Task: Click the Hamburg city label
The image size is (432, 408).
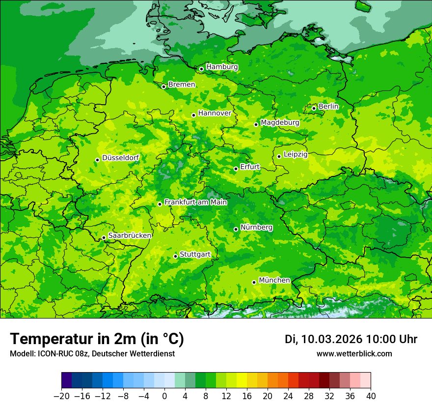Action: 222,67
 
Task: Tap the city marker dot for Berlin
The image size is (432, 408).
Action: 314,108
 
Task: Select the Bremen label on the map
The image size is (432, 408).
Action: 182,85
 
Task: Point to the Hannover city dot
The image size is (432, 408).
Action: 194,115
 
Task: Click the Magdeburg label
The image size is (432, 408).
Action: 280,122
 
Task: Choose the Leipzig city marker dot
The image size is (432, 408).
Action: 279,156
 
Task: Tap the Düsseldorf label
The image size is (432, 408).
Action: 120,158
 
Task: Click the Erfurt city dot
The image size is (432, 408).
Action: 236,169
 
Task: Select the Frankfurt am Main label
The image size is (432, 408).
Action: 195,202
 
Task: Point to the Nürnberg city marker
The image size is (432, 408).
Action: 236,229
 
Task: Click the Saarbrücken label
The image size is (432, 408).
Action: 130,235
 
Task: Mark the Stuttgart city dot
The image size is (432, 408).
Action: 175,256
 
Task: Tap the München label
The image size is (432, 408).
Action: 274,280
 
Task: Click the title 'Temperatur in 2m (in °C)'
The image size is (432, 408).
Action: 97,339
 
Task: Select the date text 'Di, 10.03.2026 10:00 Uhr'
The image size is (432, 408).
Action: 351,339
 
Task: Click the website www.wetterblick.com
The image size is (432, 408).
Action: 354,354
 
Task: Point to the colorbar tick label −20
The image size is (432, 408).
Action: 61,396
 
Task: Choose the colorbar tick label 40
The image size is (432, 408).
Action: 371,396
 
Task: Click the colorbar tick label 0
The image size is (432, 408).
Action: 164,396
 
